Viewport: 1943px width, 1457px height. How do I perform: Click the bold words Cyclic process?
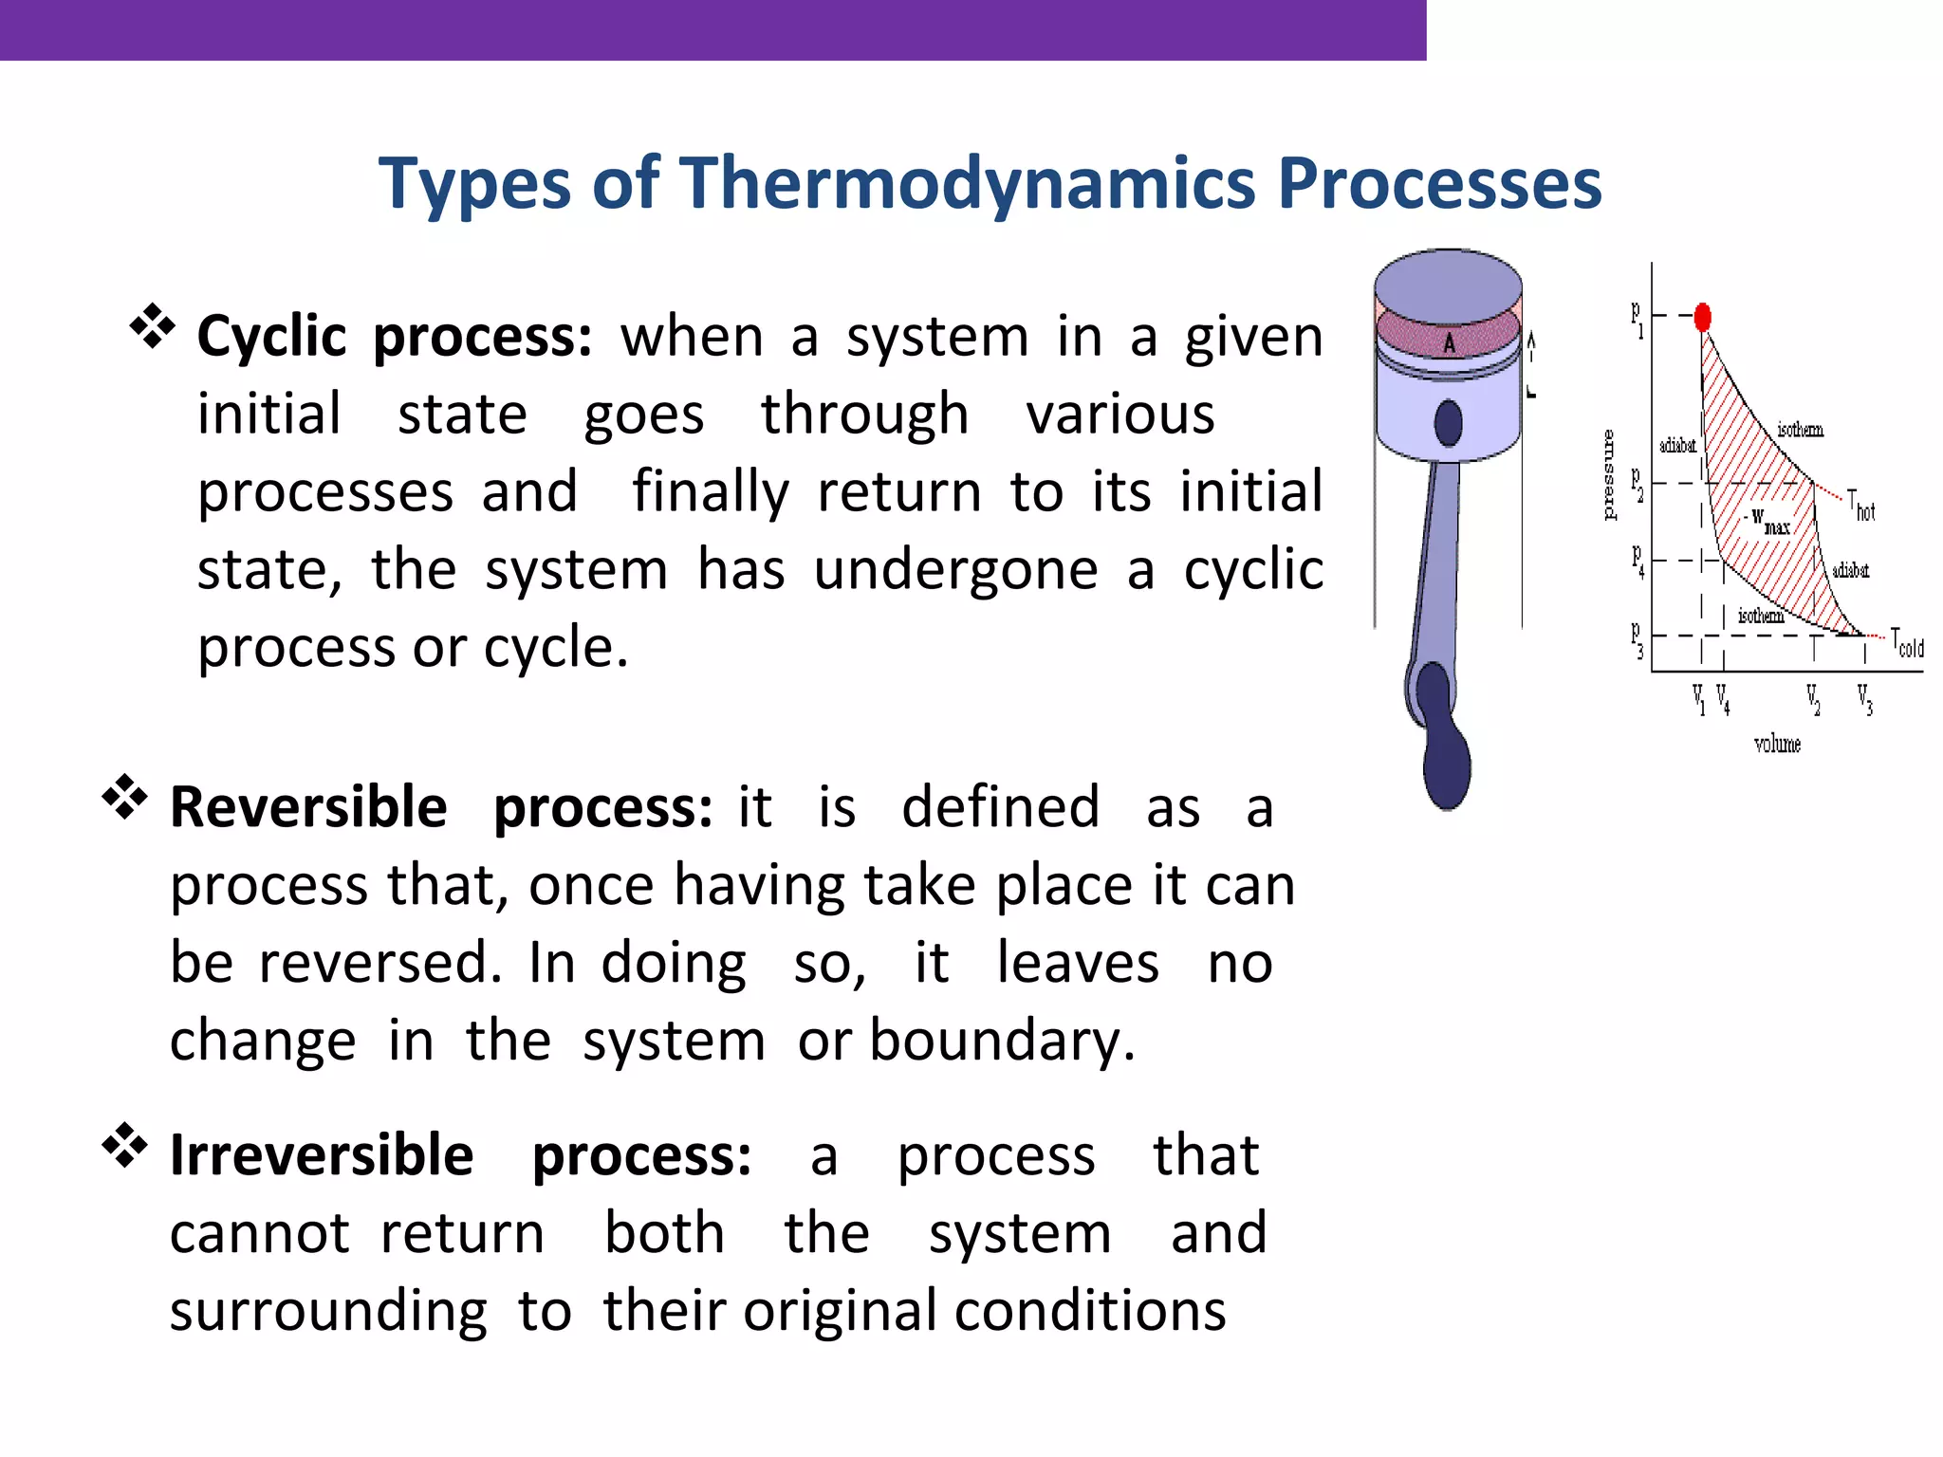click(394, 337)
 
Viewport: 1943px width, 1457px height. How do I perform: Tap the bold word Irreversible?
click(321, 1155)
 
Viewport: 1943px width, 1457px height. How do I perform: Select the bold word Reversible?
click(308, 808)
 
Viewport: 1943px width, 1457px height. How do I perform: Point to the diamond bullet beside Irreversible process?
click(125, 1145)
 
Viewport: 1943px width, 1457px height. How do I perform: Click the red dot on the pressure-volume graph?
click(1702, 317)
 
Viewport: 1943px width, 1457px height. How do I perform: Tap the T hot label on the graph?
click(1861, 507)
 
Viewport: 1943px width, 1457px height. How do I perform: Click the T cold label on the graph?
click(1907, 644)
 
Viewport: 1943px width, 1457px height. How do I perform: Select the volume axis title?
click(1777, 745)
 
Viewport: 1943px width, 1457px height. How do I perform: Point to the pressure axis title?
click(1608, 474)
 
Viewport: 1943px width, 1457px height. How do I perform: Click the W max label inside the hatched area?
click(1767, 521)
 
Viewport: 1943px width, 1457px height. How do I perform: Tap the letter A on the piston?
click(1449, 343)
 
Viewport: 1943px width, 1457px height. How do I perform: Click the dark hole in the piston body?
click(1448, 423)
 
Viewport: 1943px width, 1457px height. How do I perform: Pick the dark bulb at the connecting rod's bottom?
click(1447, 764)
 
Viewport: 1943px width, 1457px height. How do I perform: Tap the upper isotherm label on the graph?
click(1800, 431)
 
